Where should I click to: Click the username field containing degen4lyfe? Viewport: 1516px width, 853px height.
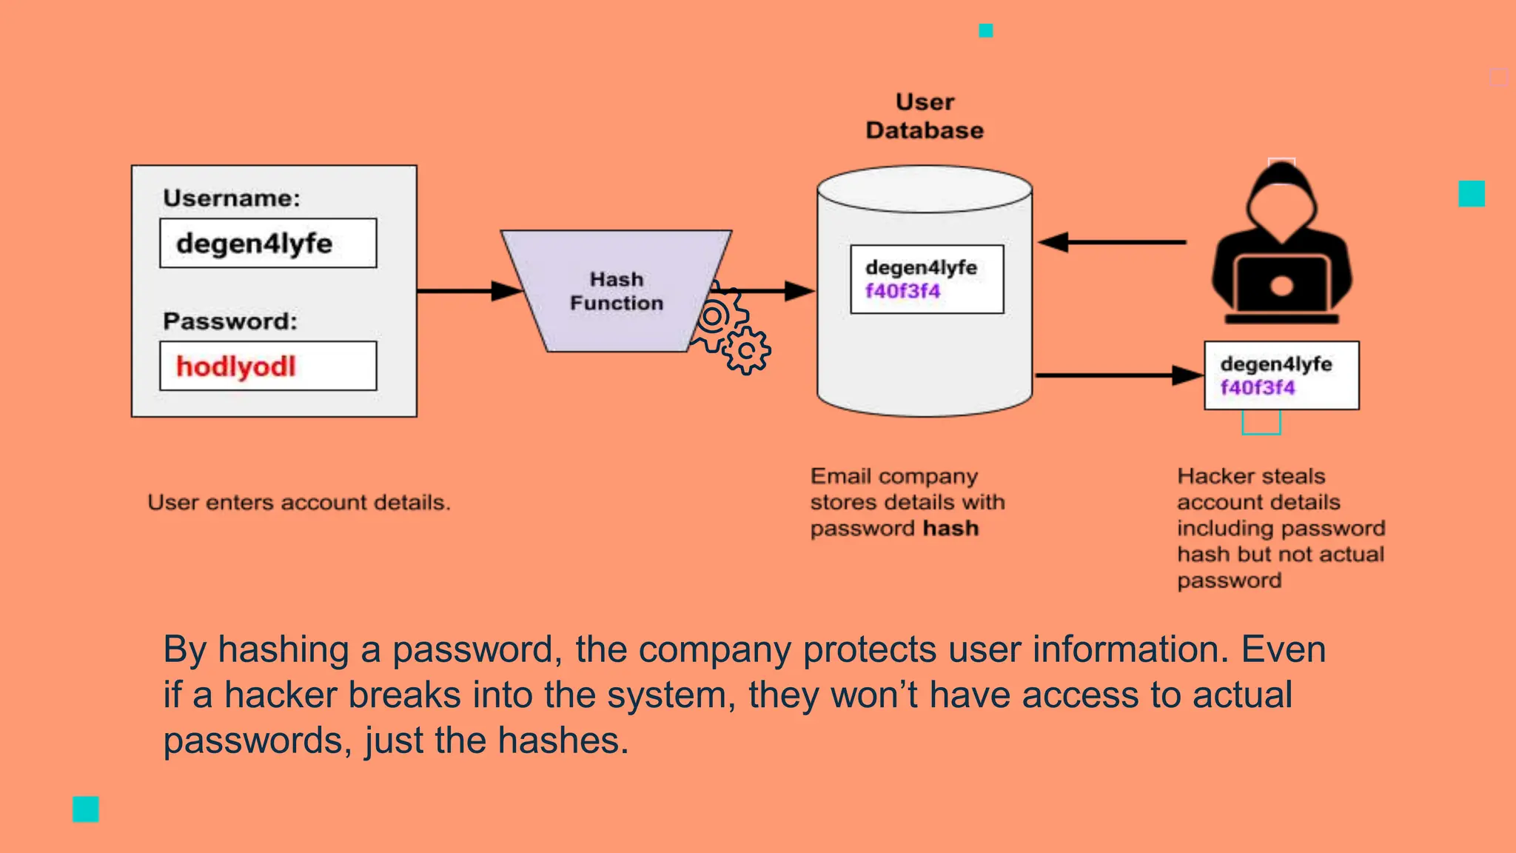coord(268,243)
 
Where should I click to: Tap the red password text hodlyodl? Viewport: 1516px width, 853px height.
coord(235,367)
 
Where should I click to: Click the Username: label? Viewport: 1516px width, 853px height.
coord(232,198)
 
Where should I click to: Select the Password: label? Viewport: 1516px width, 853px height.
coord(230,321)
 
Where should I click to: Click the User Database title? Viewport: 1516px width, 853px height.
coord(925,116)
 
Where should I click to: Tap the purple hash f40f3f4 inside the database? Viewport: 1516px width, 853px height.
coord(902,291)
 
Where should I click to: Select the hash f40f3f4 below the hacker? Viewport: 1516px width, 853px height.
coord(1258,388)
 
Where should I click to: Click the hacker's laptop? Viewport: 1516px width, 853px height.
coord(1281,285)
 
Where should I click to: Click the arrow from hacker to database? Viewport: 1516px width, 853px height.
coord(1110,242)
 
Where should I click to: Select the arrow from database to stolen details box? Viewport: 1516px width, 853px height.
coord(1118,376)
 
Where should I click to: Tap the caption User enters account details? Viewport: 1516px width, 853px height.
coord(298,503)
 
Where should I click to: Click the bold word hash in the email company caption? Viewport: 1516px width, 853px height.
coord(950,529)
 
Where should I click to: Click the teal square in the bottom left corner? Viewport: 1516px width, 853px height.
coord(86,809)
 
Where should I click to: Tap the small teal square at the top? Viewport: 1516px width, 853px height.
coord(985,30)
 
